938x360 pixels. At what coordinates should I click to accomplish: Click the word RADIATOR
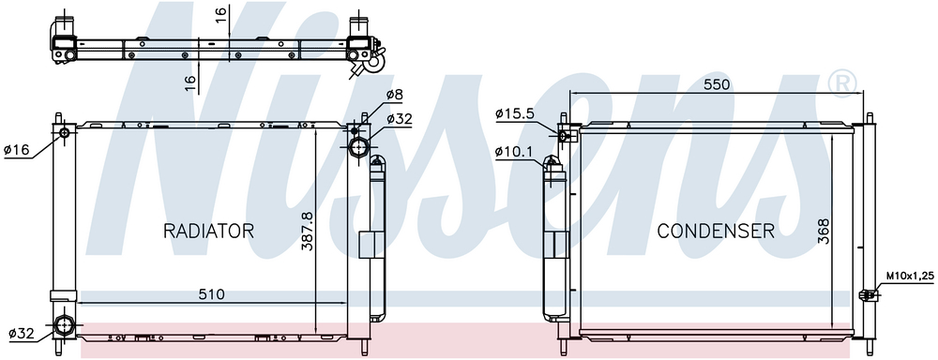point(209,231)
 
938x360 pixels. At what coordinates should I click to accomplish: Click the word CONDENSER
point(716,231)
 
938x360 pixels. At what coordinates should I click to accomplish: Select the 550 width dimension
point(717,85)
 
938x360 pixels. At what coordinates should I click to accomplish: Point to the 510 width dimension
point(211,294)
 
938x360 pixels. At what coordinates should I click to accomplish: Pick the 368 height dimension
point(824,232)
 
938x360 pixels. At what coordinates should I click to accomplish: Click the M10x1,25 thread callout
point(911,276)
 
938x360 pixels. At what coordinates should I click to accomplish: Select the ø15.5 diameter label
point(514,113)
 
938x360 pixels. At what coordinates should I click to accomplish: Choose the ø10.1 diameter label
point(514,151)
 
